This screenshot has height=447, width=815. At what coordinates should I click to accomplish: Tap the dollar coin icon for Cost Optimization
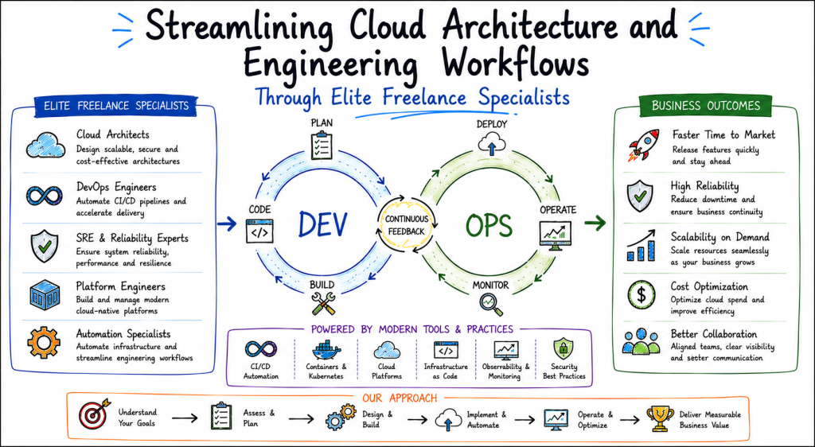click(641, 295)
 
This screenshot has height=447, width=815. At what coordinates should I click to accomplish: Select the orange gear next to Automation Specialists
click(44, 343)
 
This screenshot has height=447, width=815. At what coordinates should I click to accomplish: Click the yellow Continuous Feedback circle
click(407, 225)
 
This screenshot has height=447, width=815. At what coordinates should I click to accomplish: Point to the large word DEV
click(322, 224)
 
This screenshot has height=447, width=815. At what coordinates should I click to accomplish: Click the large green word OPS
click(489, 225)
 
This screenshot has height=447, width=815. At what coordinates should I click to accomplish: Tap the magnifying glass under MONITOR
click(491, 305)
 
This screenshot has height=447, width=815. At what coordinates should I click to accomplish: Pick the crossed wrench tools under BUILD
click(323, 304)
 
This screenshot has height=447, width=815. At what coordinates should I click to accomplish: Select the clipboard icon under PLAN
click(322, 146)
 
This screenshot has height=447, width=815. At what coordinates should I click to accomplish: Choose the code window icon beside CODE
click(259, 231)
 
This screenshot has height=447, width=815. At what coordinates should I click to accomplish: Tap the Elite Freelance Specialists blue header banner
click(116, 106)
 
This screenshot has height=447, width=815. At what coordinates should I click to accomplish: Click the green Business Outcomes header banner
click(706, 106)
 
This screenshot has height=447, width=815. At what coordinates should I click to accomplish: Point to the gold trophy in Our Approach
click(660, 418)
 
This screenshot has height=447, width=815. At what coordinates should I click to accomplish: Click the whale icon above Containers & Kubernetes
click(326, 351)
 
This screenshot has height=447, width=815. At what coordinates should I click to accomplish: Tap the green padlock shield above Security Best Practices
click(563, 349)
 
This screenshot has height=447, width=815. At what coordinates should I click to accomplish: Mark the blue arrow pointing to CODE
click(227, 223)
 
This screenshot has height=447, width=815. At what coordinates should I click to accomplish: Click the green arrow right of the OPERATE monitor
click(595, 223)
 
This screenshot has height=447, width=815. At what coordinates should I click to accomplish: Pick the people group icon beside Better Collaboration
click(641, 340)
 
